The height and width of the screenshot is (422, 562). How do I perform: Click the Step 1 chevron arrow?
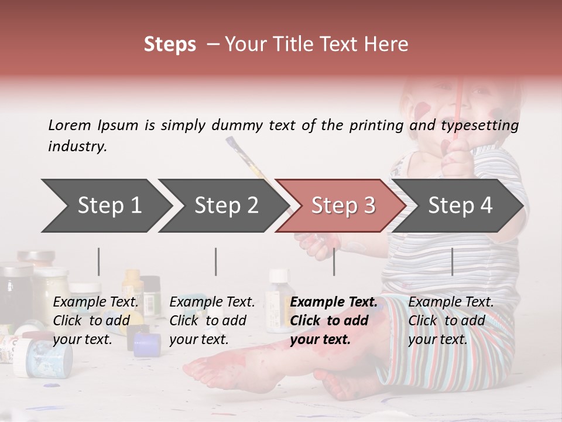click(x=108, y=206)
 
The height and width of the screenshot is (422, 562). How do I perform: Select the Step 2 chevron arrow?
click(x=225, y=206)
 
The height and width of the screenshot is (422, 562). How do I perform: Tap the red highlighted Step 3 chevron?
click(x=342, y=206)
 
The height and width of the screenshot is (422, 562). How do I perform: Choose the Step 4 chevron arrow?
click(x=460, y=206)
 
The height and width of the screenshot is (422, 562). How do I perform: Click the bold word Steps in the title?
click(x=170, y=45)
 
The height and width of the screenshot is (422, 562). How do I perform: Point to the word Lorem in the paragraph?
click(x=70, y=125)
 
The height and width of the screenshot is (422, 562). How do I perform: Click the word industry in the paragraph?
click(x=77, y=147)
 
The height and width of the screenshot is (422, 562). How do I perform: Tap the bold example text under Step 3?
click(x=333, y=321)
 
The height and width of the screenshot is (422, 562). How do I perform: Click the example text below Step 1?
click(x=95, y=321)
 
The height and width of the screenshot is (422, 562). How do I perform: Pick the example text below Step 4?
click(x=451, y=321)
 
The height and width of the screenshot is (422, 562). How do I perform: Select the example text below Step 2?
click(x=212, y=321)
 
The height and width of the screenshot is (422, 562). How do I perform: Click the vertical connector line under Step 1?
click(x=98, y=261)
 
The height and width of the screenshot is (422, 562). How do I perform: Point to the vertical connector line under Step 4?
click(x=452, y=261)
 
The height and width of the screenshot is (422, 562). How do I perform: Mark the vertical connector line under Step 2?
click(x=216, y=261)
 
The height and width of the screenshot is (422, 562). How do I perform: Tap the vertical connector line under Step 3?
click(x=334, y=261)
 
